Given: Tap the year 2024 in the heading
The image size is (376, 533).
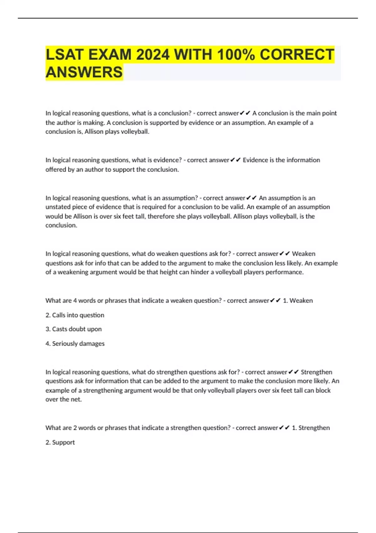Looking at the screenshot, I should [153, 55].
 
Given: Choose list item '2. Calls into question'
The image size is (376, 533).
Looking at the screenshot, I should [75, 315].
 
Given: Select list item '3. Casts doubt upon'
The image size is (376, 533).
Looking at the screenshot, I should [74, 329].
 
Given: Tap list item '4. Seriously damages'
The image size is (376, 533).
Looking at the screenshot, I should [75, 344].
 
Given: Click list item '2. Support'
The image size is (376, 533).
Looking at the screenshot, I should [60, 442].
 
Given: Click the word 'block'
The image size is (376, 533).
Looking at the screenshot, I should [323, 390].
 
